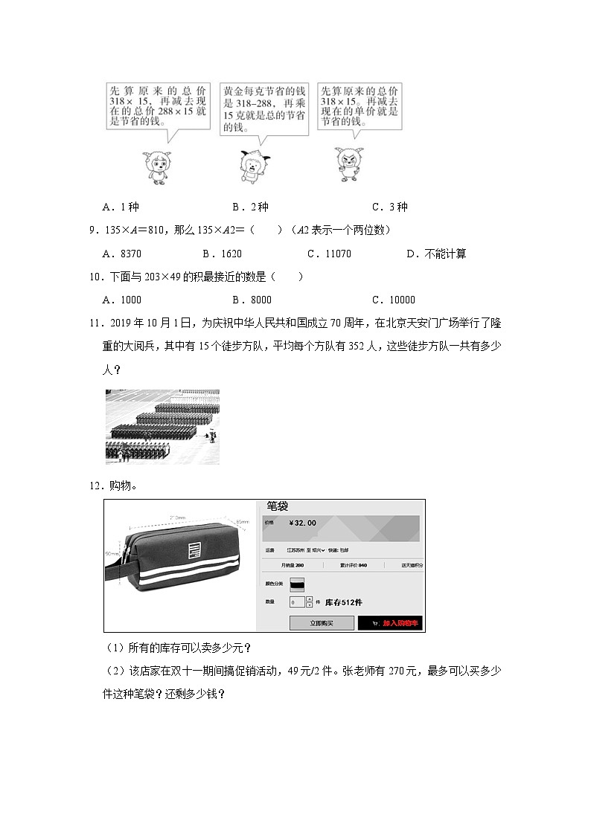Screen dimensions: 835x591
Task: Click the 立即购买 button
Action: tap(321, 623)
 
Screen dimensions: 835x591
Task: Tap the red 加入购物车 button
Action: tap(391, 623)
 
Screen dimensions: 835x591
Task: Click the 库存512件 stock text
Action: tap(344, 602)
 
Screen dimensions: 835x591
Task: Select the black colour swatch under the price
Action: tap(298, 584)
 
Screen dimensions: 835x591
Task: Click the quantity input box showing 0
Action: tap(295, 602)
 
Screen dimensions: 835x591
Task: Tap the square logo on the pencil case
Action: tap(194, 551)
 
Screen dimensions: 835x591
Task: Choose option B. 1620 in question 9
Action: tap(222, 254)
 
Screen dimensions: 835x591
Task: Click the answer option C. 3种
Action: tap(390, 207)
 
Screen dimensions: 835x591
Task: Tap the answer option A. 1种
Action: tap(122, 207)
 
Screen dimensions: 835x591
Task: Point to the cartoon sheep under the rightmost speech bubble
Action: tap(350, 163)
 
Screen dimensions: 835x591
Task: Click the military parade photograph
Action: tap(162, 427)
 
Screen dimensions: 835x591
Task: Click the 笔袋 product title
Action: tap(277, 506)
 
